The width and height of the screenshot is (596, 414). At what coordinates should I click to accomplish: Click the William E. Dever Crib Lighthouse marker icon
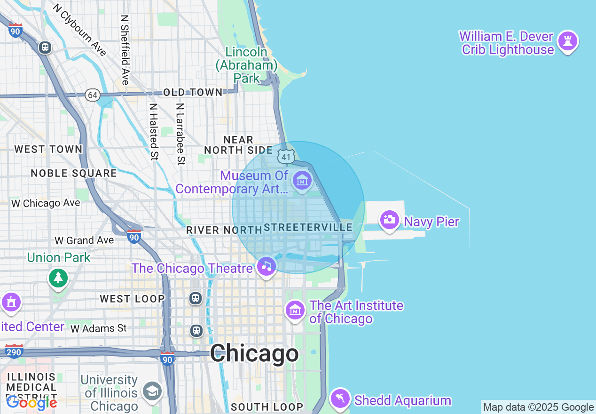point(567,42)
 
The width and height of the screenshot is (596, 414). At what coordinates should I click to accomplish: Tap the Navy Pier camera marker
point(389,220)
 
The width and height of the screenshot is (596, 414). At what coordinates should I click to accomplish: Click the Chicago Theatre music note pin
point(267,266)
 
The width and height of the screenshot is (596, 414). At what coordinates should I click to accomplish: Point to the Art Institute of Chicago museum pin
point(295,310)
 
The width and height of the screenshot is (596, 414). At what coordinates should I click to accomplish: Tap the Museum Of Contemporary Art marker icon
point(302,180)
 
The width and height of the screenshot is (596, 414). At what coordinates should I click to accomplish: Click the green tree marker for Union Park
point(58,278)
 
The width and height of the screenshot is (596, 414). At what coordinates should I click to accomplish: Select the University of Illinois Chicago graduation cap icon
point(152,391)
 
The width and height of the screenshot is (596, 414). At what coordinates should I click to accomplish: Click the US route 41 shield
point(286,157)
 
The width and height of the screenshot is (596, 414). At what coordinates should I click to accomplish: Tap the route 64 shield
point(93,95)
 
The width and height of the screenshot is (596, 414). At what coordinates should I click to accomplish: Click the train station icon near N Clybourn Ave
point(45,47)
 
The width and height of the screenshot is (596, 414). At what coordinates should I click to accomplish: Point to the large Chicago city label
point(254,353)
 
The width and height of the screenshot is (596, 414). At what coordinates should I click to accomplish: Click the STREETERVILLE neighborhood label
point(308,228)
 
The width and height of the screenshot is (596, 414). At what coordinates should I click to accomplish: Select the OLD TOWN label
point(193,93)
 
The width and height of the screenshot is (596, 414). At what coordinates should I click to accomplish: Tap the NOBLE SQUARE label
point(74,173)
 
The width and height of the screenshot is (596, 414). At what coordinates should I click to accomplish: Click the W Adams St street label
point(99,328)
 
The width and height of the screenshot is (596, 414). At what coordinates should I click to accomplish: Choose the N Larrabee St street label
point(180,134)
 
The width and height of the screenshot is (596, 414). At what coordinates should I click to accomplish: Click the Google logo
point(31,402)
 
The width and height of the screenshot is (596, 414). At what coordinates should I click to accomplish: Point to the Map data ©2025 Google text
point(538,407)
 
